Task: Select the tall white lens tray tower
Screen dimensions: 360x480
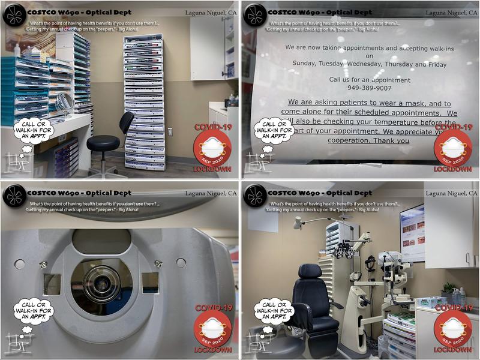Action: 143,102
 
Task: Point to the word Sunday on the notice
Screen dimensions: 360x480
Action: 307,64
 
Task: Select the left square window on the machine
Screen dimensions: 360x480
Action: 52,283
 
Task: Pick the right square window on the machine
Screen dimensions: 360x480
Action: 149,283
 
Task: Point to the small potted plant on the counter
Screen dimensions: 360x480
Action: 448,290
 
